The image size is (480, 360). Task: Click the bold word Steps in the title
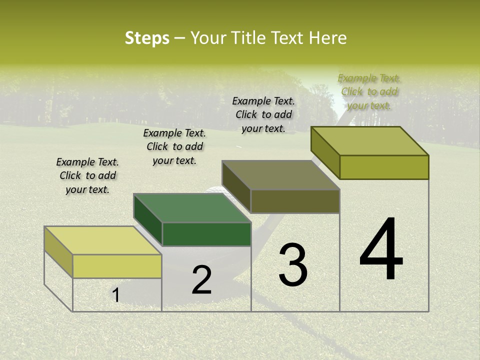pyautogui.click(x=147, y=38)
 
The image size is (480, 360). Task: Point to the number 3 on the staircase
pyautogui.click(x=292, y=265)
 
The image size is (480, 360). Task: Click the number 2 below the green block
pyautogui.click(x=201, y=280)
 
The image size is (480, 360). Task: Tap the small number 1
pyautogui.click(x=116, y=295)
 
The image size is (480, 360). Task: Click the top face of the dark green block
pyautogui.click(x=192, y=207)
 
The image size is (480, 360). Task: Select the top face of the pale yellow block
pyautogui.click(x=102, y=240)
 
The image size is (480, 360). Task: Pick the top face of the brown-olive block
pyautogui.click(x=281, y=175)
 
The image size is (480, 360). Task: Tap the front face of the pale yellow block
pyautogui.click(x=117, y=266)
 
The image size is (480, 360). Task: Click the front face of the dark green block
pyautogui.click(x=206, y=234)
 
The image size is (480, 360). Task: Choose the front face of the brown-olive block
pyautogui.click(x=295, y=201)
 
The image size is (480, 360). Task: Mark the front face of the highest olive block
pyautogui.click(x=384, y=167)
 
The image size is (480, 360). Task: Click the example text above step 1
pyautogui.click(x=87, y=175)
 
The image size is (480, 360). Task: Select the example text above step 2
pyautogui.click(x=174, y=146)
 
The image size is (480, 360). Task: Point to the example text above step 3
pyautogui.click(x=263, y=114)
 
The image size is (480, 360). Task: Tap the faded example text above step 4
pyautogui.click(x=369, y=91)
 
